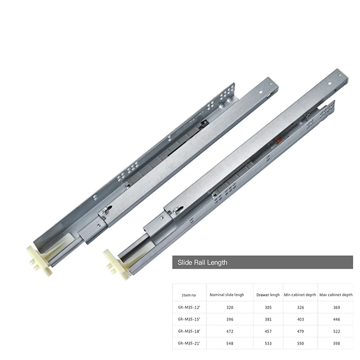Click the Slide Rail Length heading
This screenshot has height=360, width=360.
point(203,263)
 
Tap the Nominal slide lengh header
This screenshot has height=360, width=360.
point(227,295)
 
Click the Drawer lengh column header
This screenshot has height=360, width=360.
point(268,295)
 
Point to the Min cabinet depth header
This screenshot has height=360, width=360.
point(300,295)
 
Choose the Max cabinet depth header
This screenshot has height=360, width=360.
point(336,295)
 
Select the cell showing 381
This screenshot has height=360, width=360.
point(268,319)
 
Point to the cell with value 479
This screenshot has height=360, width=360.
point(300,331)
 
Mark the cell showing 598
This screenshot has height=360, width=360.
point(336,343)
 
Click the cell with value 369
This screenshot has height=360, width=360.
point(336,307)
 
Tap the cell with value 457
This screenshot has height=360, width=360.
point(268,331)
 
